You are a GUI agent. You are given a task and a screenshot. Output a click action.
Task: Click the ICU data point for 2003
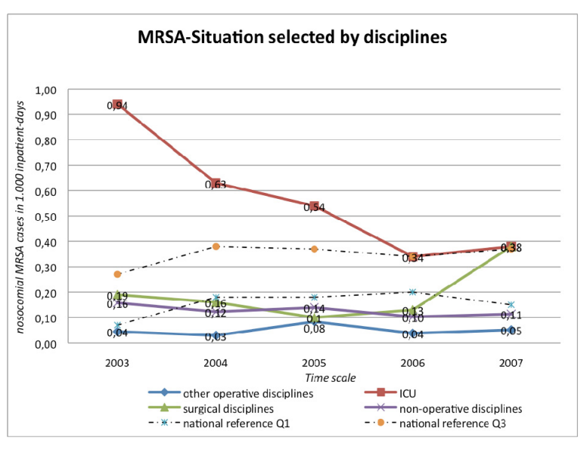(x=117, y=104)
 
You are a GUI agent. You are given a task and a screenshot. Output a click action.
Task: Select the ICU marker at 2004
(x=216, y=183)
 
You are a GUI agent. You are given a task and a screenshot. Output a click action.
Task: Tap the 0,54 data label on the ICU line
(x=314, y=207)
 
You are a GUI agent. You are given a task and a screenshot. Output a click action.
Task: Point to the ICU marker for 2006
(x=413, y=257)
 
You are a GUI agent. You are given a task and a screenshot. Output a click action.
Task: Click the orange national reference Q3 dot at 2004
(x=216, y=247)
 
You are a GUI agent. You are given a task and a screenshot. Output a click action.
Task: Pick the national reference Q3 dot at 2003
(x=117, y=274)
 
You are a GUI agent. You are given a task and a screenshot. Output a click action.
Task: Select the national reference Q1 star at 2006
(x=413, y=292)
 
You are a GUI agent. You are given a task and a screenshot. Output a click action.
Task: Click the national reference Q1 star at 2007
(x=511, y=305)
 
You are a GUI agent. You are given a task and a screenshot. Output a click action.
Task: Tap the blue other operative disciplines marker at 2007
(x=511, y=330)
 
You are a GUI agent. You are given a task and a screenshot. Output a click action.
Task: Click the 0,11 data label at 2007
(x=511, y=316)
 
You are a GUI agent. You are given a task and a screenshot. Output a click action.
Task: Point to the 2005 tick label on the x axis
(x=314, y=362)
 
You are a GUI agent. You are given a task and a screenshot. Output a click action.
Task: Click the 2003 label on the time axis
(x=117, y=362)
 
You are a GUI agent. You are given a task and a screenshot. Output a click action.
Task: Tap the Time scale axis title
(x=330, y=377)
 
